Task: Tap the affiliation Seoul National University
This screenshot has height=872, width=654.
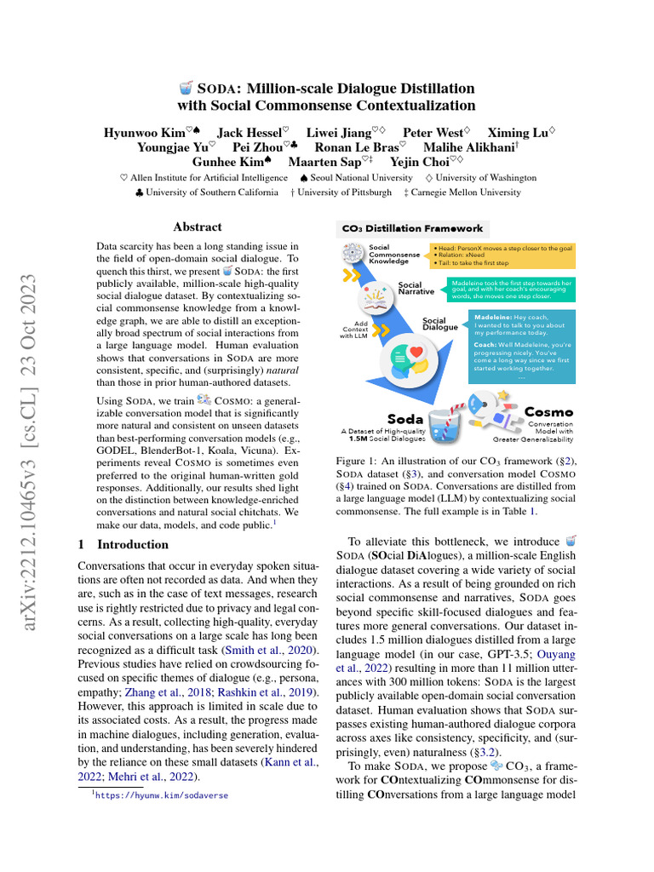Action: click(357, 178)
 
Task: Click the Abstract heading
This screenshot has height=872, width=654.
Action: click(198, 227)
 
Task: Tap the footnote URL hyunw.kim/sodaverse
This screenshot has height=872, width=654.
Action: click(162, 795)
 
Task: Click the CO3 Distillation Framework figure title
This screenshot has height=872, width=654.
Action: click(412, 228)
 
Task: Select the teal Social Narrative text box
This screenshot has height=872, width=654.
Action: click(511, 289)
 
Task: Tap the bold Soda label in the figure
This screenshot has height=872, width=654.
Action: click(405, 418)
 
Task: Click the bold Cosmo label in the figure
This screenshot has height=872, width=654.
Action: click(548, 412)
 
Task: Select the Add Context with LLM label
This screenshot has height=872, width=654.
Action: click(358, 330)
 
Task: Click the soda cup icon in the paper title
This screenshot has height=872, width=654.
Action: click(186, 88)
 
